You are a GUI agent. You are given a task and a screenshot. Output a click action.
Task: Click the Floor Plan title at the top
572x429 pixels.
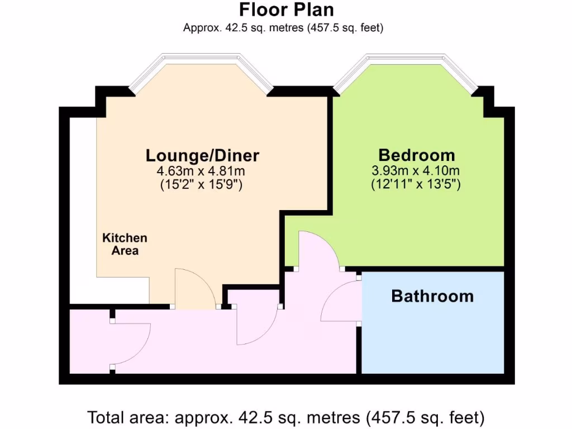click(286, 9)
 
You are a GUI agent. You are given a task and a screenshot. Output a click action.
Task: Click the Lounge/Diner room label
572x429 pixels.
click(203, 155)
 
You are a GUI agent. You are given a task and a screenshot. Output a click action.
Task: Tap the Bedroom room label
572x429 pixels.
click(416, 155)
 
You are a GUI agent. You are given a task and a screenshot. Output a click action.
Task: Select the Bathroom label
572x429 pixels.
click(432, 296)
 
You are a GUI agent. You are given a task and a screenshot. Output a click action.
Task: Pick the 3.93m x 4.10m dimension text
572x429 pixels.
click(416, 170)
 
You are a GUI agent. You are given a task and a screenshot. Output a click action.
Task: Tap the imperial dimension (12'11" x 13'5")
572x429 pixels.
click(416, 185)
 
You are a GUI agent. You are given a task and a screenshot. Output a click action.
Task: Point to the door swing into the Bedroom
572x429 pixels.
click(318, 249)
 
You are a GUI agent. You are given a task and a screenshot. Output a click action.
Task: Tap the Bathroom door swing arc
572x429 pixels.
click(341, 302)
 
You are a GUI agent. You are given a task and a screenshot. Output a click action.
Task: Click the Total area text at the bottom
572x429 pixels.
click(285, 417)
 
